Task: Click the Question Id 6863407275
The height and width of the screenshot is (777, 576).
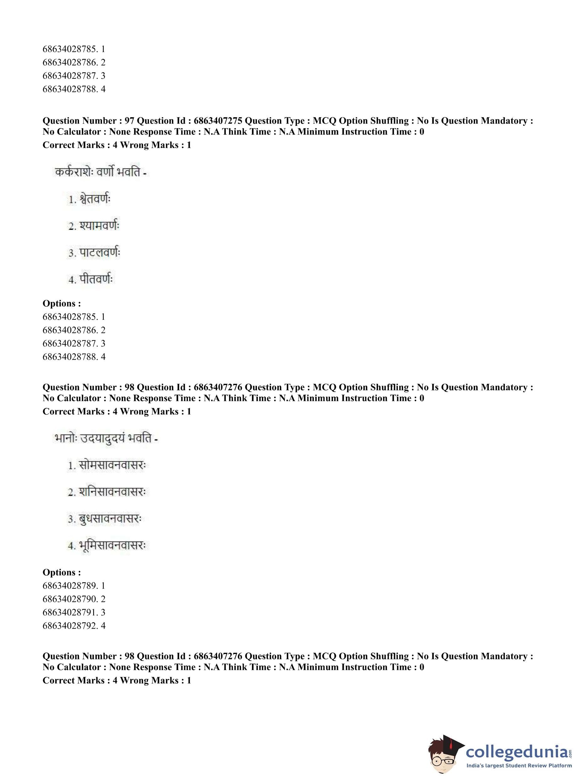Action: pyautogui.click(x=218, y=121)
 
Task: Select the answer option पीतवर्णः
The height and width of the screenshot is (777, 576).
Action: pyautogui.click(x=96, y=279)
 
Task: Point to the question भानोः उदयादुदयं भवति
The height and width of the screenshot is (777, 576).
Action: pyautogui.click(x=106, y=438)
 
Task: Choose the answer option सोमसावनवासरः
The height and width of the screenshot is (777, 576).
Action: pyautogui.click(x=112, y=465)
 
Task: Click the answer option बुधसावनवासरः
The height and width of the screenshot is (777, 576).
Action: pyautogui.click(x=110, y=519)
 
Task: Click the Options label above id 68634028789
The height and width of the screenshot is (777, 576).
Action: pyautogui.click(x=62, y=572)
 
